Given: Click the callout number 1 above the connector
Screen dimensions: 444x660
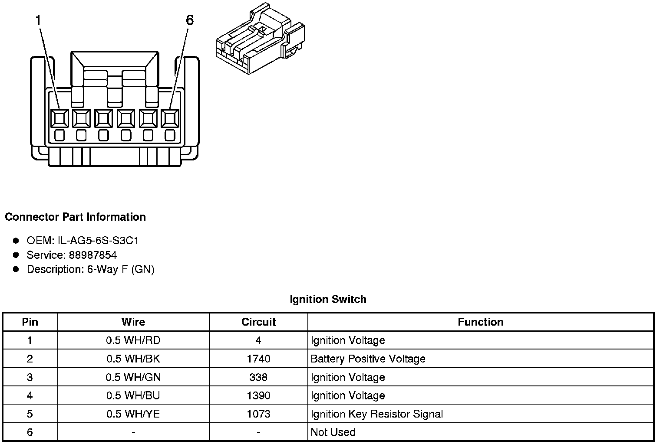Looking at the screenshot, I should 39,20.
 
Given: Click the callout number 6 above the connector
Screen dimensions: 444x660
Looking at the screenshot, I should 189,20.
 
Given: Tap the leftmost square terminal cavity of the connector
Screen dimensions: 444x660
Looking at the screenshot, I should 59,118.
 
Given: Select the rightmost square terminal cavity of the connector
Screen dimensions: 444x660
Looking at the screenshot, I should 170,118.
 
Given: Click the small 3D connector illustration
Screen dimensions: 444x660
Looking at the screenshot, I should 259,39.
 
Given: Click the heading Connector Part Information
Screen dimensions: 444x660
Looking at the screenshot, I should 75,217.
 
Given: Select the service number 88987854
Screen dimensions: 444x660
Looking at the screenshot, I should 92,255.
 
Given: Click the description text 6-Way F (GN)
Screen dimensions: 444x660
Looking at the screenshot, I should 120,269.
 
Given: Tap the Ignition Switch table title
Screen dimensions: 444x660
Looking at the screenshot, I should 328,299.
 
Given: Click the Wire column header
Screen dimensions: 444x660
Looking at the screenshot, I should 133,322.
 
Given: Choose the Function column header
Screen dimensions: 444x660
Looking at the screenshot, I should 481,322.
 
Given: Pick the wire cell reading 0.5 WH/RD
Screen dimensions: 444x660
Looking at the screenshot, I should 133,340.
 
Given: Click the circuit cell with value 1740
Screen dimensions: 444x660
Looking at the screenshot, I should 258,359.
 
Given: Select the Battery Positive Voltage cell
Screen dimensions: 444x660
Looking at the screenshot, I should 368,359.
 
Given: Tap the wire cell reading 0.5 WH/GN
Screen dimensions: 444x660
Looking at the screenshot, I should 133,377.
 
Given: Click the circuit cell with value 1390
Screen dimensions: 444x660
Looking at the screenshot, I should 258,395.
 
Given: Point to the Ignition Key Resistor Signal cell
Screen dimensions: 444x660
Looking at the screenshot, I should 376,414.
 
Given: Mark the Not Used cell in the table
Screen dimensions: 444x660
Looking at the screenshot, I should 333,432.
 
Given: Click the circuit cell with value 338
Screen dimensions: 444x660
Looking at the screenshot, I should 258,377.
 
